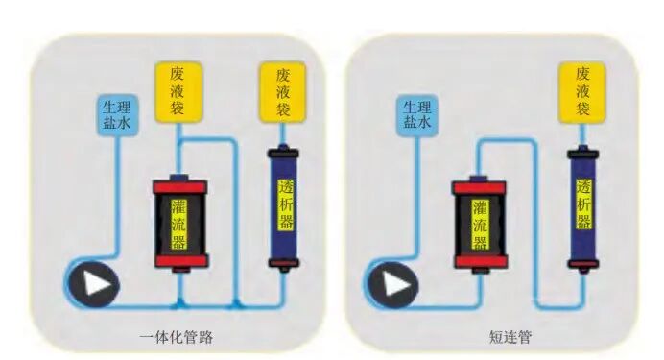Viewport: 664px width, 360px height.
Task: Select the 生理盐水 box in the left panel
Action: [117, 115]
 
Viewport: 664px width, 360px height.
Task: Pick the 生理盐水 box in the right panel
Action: [416, 116]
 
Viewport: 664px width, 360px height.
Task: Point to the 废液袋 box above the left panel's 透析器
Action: [283, 88]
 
